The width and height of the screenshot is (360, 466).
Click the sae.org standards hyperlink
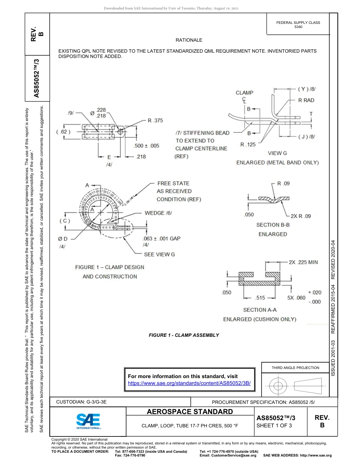pos(189,383)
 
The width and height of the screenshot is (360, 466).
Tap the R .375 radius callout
pos(155,120)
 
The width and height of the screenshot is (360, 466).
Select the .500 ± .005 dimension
pos(147,145)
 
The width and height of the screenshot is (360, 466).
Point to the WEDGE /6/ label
pos(158,213)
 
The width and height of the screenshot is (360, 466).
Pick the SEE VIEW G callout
pos(159,254)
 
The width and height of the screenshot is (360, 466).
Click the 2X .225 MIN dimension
pos(303,262)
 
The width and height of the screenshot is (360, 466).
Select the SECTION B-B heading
pos(273,225)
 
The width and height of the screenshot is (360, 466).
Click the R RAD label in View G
pos(306,100)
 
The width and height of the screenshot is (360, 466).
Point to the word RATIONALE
pos(189,40)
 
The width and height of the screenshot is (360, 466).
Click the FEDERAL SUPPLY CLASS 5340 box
pos(298,25)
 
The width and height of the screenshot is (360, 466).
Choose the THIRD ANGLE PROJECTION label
pos(295,367)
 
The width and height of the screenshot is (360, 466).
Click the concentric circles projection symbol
pos(278,386)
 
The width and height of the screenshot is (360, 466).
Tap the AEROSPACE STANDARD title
pos(189,412)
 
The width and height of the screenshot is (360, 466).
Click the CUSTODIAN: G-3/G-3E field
pos(84,402)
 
